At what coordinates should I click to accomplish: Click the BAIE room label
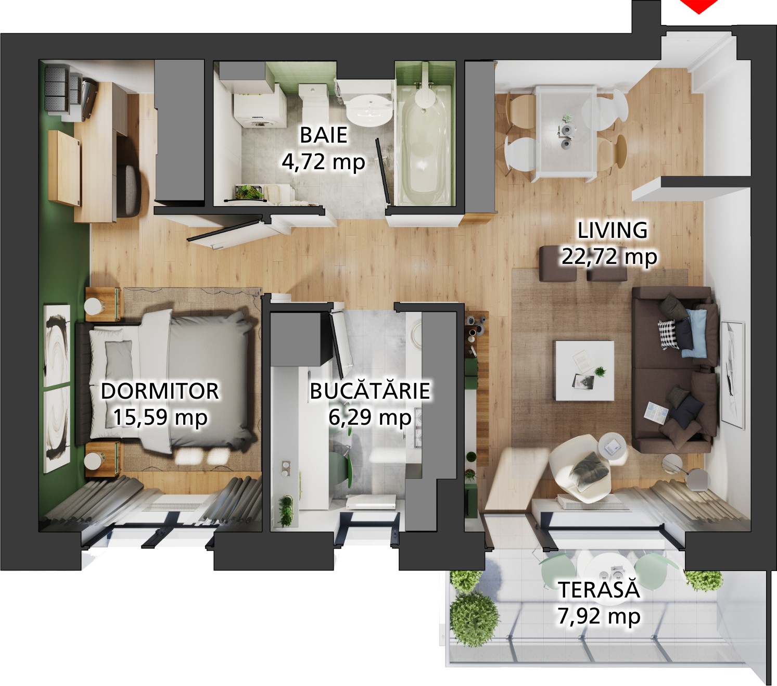[323, 135]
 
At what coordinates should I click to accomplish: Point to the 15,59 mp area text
[160, 417]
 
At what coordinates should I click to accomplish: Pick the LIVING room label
[613, 230]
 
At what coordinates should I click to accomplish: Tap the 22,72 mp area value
[609, 256]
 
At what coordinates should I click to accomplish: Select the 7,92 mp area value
[599, 616]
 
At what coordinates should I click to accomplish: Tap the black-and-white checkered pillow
[668, 334]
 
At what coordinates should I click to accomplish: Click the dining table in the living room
[566, 134]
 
